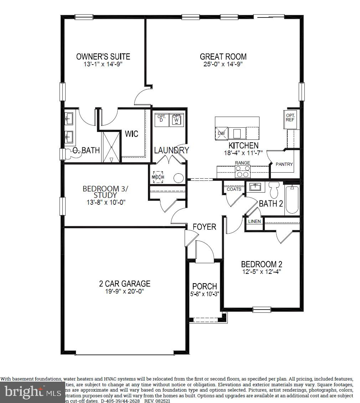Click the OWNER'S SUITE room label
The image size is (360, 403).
click(x=103, y=56)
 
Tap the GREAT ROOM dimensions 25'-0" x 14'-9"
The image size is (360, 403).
click(x=223, y=65)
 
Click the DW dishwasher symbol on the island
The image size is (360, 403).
click(x=221, y=133)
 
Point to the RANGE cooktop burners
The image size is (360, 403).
click(x=243, y=171)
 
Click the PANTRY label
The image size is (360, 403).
click(x=284, y=164)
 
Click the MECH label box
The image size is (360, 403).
click(x=158, y=177)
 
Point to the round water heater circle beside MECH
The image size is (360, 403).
click(x=178, y=178)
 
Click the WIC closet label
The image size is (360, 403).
click(x=131, y=134)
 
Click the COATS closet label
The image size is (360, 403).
click(x=234, y=189)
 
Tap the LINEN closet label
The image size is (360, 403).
click(x=254, y=221)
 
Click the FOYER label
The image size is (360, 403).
click(x=204, y=227)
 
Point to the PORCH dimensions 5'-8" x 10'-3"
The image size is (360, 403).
click(x=204, y=295)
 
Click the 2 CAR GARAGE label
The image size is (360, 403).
click(x=124, y=284)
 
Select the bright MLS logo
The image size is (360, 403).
click(x=30, y=392)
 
